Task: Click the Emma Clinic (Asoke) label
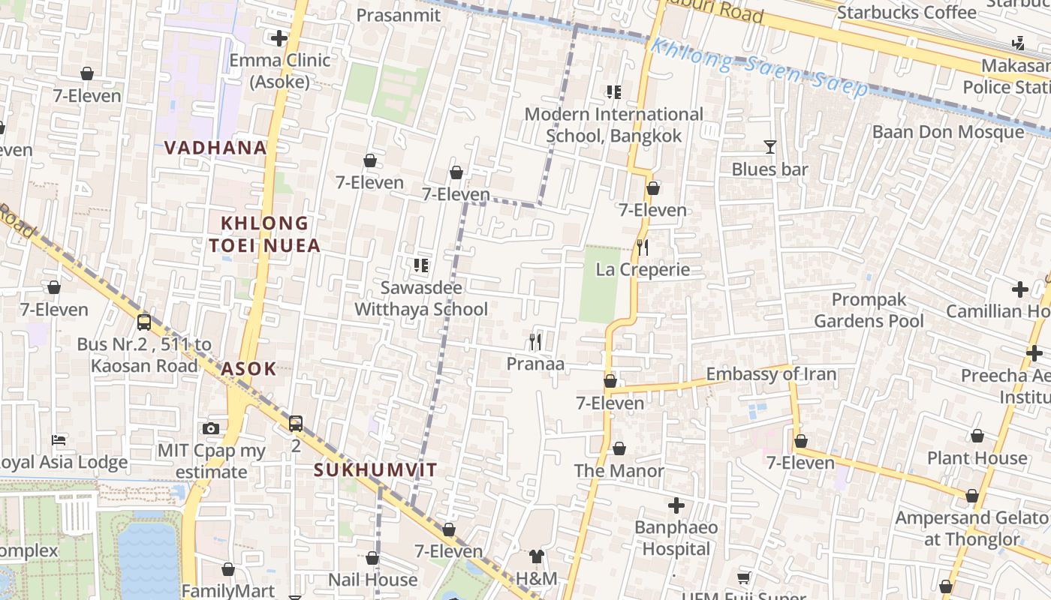[x=279, y=70]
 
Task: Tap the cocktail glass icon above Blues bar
[x=769, y=147]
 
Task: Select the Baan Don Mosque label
[x=947, y=133]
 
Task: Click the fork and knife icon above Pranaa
[x=535, y=342]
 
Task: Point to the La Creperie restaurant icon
[x=643, y=247]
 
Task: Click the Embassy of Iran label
[x=771, y=374]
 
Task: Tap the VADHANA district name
[x=215, y=148]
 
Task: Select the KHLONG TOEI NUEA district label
[x=264, y=234]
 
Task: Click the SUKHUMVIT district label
[x=375, y=470]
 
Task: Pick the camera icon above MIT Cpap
[x=211, y=428]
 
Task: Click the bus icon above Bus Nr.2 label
[x=144, y=322]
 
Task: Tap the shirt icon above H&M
[x=536, y=556]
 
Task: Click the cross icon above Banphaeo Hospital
[x=676, y=505]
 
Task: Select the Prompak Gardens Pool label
[x=869, y=310]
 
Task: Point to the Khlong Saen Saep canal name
[x=758, y=67]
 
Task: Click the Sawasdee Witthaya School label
[x=420, y=298]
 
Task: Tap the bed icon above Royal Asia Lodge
[x=59, y=439]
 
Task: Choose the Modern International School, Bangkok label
[x=613, y=124]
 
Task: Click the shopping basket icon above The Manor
[x=619, y=448]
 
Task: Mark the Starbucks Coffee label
[x=906, y=13]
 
